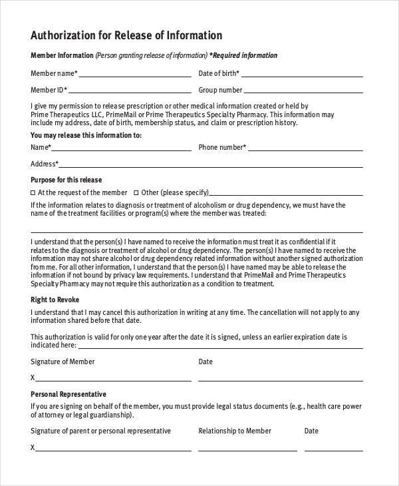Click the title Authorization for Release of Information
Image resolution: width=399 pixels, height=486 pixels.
[126, 35]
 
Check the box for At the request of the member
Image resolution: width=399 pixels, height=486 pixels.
[33, 192]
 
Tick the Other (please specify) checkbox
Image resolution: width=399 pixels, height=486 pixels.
[136, 192]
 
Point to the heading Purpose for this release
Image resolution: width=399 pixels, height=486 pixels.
[66, 180]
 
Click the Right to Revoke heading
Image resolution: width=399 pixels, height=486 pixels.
[55, 300]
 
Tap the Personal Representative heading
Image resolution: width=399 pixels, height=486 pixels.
[68, 394]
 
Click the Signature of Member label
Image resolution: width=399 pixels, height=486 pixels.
[63, 362]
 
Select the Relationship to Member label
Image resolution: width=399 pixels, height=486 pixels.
[235, 431]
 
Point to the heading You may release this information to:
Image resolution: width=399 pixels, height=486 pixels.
[86, 135]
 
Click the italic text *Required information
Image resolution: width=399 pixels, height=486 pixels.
[243, 55]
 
